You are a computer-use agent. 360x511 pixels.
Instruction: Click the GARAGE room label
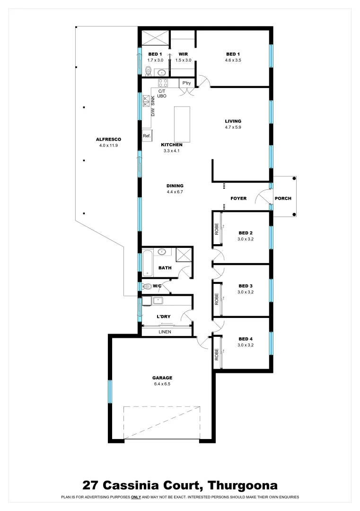tap(162, 378)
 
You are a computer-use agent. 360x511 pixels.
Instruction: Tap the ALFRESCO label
tap(109, 140)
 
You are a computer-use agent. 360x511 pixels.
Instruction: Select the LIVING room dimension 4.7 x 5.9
tap(233, 127)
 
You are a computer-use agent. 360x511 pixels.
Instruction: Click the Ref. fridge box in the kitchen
tap(147, 136)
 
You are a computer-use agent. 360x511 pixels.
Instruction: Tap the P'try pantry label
tap(186, 84)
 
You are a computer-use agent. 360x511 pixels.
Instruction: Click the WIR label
tap(183, 54)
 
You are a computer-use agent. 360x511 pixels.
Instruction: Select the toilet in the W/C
tap(148, 286)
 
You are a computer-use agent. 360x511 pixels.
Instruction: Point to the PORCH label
tap(283, 198)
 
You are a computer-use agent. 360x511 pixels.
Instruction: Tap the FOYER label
tap(238, 198)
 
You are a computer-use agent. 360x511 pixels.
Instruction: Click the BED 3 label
tap(246, 286)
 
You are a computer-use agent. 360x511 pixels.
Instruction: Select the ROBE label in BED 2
tap(217, 229)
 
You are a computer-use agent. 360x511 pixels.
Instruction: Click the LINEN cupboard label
tap(165, 332)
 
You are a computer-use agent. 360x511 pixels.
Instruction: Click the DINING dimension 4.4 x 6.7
tap(175, 192)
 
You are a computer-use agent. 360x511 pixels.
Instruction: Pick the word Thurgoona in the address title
tap(243, 485)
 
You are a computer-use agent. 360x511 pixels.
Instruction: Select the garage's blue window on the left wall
tap(110, 391)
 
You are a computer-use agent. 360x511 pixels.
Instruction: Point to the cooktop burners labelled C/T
tap(163, 83)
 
